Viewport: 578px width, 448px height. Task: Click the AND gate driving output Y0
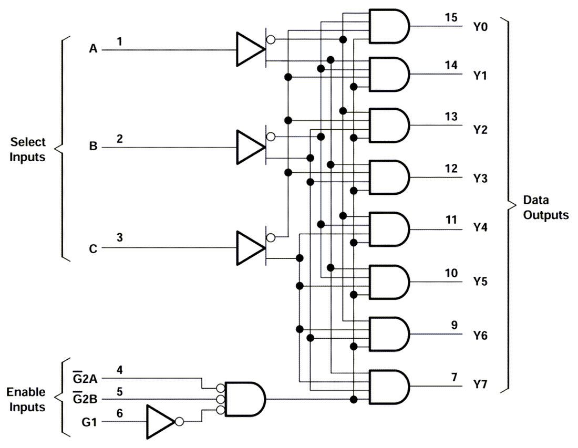pyautogui.click(x=389, y=26)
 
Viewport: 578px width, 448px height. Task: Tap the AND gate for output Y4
pyautogui.click(x=389, y=229)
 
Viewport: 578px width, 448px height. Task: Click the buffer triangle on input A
pyautogui.click(x=249, y=50)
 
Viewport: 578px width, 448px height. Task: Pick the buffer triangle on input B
pyautogui.click(x=249, y=147)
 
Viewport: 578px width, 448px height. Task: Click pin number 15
pyautogui.click(x=450, y=17)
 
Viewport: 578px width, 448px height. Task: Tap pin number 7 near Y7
pyautogui.click(x=454, y=377)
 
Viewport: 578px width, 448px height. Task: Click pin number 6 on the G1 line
pyautogui.click(x=119, y=413)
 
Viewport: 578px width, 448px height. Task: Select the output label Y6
pyautogui.click(x=480, y=335)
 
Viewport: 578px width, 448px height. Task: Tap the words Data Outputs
pyautogui.click(x=545, y=208)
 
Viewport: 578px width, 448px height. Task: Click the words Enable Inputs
pyautogui.click(x=26, y=400)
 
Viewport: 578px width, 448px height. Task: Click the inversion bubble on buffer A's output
pyautogui.click(x=270, y=39)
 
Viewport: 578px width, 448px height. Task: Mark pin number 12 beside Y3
pyautogui.click(x=450, y=169)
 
